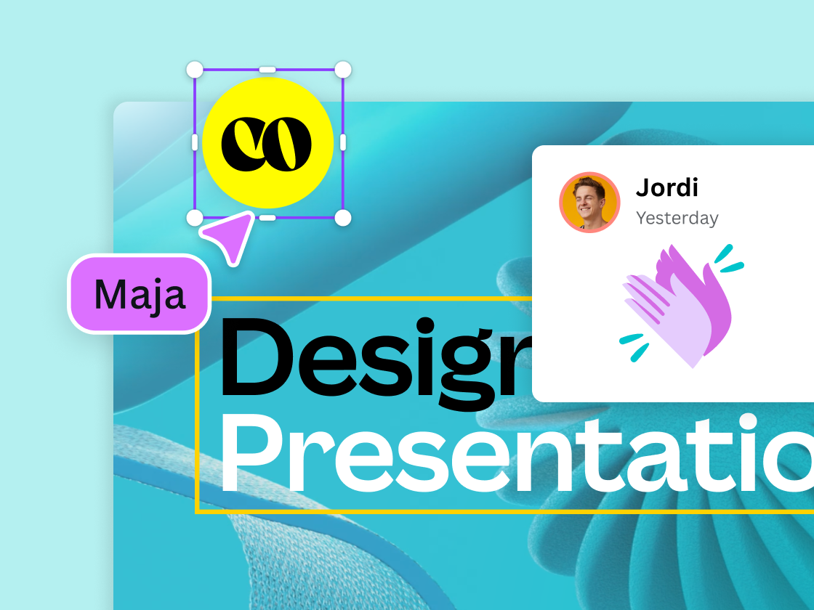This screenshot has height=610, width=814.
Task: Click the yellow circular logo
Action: point(267,143)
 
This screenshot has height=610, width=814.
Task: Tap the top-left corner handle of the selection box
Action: point(195,70)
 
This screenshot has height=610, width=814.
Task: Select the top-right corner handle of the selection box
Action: point(343,70)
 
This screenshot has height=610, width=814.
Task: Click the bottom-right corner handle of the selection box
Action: point(343,218)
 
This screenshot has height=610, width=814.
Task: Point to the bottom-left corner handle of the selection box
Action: point(195,218)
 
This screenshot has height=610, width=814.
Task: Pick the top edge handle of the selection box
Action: point(267,70)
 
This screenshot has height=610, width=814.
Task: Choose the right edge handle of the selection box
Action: point(343,143)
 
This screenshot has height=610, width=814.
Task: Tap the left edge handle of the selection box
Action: point(195,143)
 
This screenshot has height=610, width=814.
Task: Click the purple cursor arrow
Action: point(229,237)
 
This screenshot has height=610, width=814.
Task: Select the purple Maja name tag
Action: point(139,294)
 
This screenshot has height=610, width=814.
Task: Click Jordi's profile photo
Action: point(589,203)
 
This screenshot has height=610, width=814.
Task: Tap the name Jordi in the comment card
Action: point(666,187)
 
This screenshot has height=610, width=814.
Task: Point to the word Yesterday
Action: point(677,218)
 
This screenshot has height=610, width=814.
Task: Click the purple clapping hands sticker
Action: point(676,305)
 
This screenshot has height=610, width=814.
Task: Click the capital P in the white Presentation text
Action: point(255,455)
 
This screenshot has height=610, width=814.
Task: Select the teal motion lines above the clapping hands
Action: point(728,258)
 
